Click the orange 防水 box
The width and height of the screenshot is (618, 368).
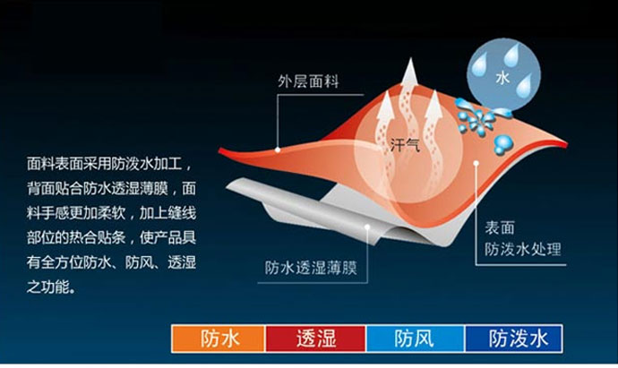pos(219,338)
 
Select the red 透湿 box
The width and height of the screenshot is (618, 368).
pos(315,338)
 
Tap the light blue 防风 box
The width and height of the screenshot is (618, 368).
pos(416,338)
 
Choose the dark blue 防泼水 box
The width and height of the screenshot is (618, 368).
pos(513,338)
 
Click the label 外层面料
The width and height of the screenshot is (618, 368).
pos(308,81)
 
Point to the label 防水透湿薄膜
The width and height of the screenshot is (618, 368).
pos(311,268)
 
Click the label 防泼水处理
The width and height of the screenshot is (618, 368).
pos(523,250)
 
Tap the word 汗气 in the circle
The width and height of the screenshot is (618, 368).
pos(405,145)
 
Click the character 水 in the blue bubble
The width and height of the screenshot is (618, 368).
pos(502,78)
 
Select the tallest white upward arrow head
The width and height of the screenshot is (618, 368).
pos(410,71)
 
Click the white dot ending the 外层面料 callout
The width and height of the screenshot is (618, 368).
pos(278,150)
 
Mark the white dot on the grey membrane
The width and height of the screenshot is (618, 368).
pos(367,227)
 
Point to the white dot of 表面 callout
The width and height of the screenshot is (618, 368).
pos(476,163)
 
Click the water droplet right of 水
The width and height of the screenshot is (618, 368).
pos(525,86)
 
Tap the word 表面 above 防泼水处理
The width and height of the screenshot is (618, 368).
pos(500,228)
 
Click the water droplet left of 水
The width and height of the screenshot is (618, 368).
pos(480,64)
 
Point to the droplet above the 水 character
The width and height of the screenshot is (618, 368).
pos(511,55)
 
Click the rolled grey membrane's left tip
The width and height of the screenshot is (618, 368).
pos(227,186)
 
